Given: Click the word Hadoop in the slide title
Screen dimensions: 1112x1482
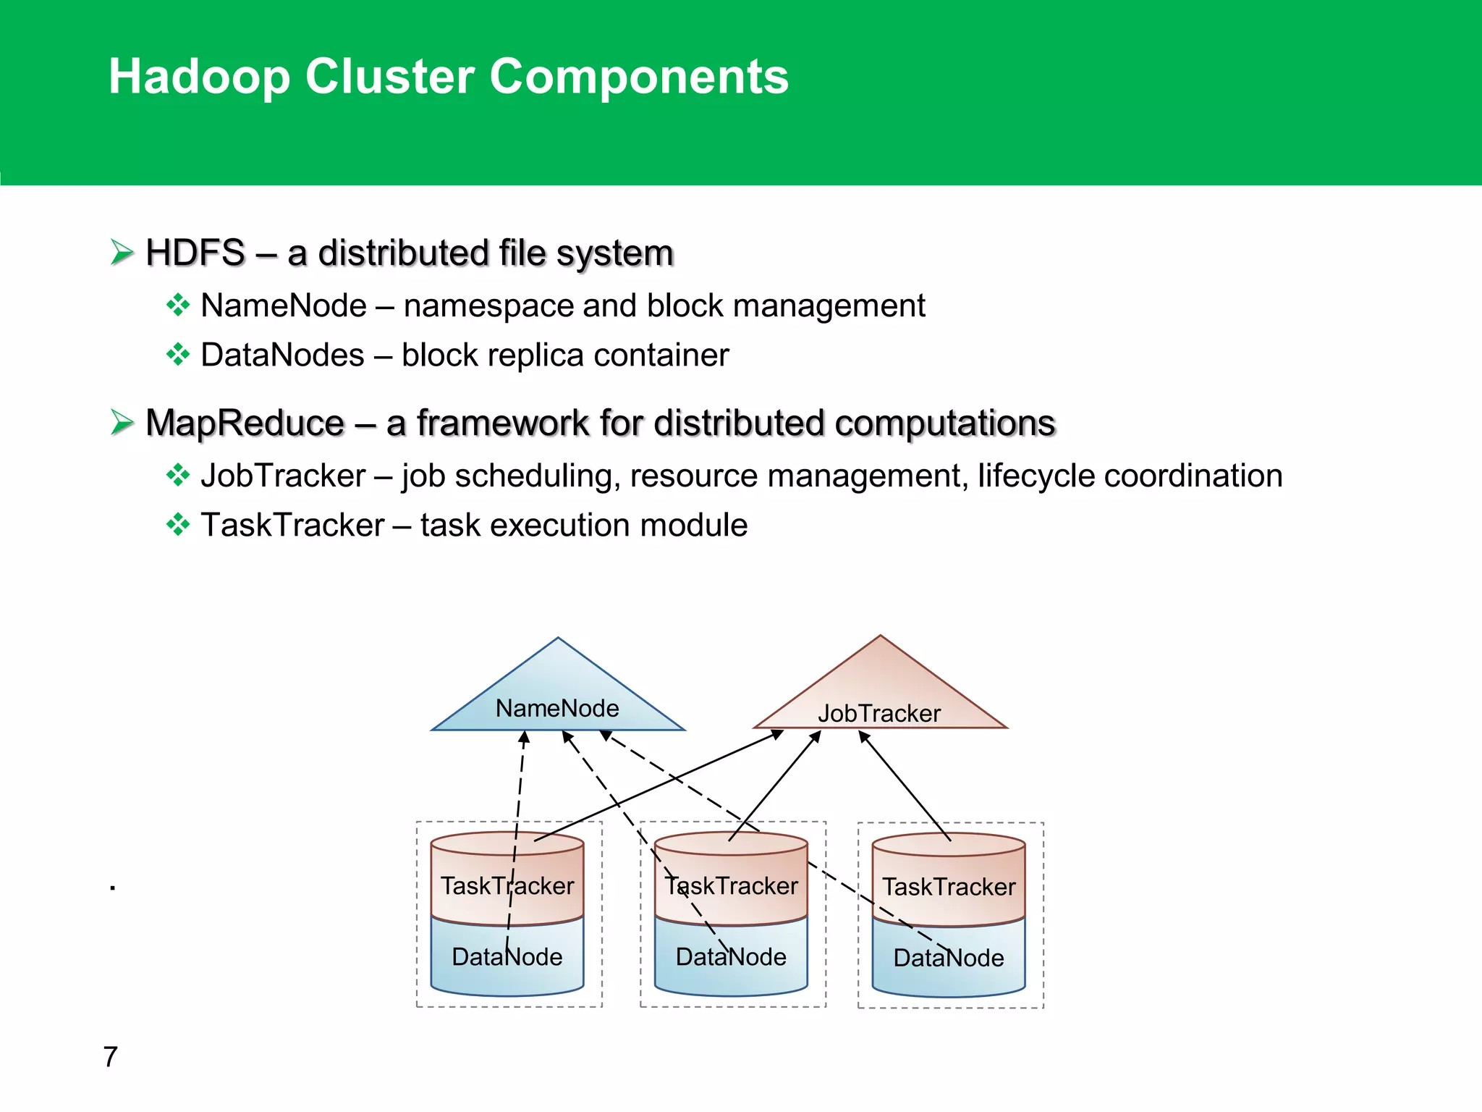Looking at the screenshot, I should pos(199,77).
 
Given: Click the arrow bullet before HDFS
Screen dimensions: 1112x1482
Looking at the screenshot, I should pos(122,253).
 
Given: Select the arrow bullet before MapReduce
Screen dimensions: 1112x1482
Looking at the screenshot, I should pos(122,422).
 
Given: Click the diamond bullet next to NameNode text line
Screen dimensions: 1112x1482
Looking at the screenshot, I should pos(177,306).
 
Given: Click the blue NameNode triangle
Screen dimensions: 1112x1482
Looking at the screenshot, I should pos(557,695).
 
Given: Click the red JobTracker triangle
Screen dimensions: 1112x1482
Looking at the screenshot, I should pos(880,695).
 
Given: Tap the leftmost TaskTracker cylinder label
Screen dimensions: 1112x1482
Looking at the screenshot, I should pos(507,886).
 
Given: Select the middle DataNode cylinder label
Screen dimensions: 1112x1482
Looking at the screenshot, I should pos(731,957).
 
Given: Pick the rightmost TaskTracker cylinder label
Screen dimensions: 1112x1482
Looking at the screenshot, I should pos(949,887).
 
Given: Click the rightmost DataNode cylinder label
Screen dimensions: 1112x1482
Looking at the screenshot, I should pos(949,958).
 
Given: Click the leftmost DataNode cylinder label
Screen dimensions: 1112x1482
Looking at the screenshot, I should pos(507,957).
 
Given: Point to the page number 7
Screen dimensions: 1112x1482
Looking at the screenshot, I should pos(110,1057).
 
